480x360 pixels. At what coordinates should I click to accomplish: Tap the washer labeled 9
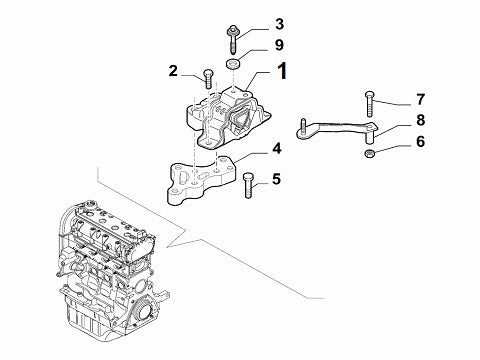(x=234, y=66)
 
